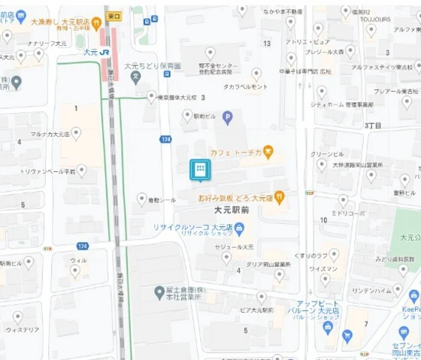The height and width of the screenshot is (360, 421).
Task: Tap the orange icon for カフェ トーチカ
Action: point(268,153)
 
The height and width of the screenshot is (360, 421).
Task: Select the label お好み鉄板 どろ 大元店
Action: point(235,198)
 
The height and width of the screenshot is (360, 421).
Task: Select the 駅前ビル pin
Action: point(187,114)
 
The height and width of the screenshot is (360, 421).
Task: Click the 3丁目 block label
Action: point(374,126)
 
